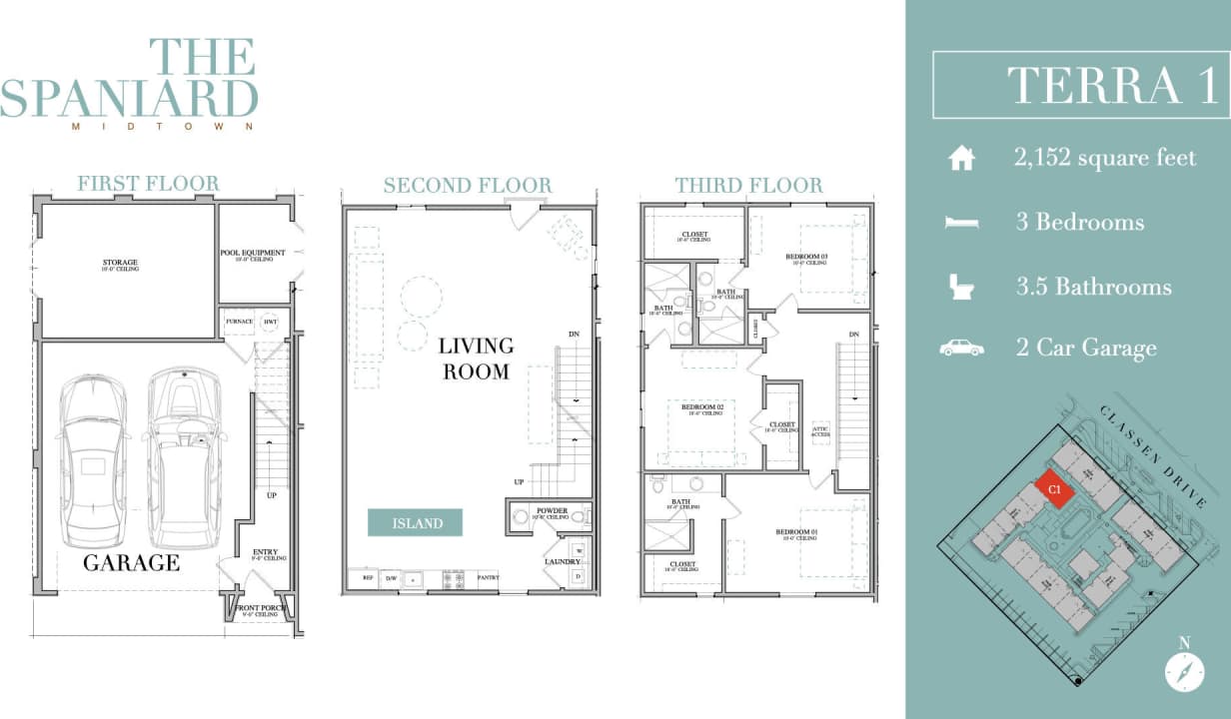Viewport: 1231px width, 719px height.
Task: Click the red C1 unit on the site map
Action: [x=1054, y=487]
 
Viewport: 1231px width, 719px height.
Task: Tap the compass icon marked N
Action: [x=1184, y=672]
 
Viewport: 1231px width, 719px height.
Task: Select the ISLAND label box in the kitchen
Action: [x=417, y=522]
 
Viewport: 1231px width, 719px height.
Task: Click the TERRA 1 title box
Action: [x=1080, y=85]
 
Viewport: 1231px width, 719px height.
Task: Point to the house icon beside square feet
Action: [x=961, y=158]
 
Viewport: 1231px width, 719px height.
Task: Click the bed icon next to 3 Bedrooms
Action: [x=961, y=223]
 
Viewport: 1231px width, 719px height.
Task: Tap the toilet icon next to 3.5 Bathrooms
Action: [x=961, y=288]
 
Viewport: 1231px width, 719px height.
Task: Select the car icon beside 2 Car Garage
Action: [x=961, y=348]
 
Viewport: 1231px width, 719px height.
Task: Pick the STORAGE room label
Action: [x=120, y=264]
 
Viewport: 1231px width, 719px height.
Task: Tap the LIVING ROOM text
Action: [x=476, y=359]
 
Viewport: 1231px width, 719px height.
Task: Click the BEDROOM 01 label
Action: [x=796, y=532]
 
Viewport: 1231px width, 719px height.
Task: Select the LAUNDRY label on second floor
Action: [x=563, y=561]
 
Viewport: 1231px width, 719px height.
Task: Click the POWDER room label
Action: [x=552, y=511]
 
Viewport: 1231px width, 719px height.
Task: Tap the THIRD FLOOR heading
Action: [x=748, y=186]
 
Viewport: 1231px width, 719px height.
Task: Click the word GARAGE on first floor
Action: [x=131, y=563]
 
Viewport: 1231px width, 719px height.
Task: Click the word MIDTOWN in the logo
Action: [x=163, y=127]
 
